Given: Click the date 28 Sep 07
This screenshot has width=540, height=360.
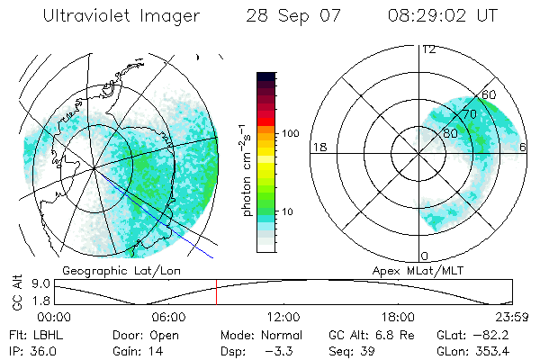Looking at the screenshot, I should [289, 15].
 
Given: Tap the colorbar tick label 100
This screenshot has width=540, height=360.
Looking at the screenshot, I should [289, 133].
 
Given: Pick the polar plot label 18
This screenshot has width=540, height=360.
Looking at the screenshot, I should [318, 147].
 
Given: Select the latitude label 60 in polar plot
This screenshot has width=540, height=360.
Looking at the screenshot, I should [489, 95].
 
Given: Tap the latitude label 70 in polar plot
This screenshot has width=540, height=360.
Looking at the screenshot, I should [469, 114].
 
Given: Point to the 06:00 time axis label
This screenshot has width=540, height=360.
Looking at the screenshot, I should [168, 317].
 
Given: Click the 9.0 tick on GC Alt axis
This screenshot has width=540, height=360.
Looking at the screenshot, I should [40, 283].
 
